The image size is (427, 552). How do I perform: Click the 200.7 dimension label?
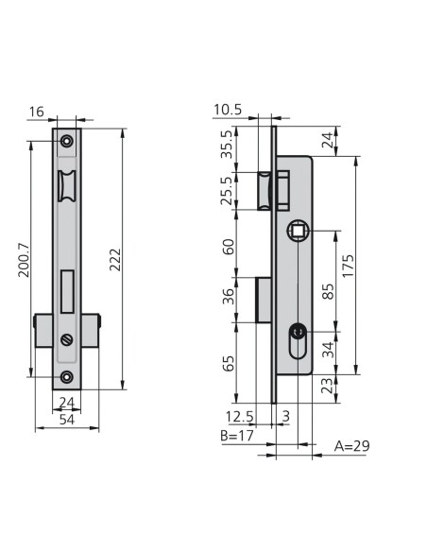(24, 260)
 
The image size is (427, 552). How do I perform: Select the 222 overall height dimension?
(115, 260)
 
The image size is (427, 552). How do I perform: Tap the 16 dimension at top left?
(36, 112)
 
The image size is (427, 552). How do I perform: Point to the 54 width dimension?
(67, 420)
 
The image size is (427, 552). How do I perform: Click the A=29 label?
(351, 446)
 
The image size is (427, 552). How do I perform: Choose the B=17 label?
(237, 436)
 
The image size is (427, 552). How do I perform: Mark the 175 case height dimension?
(348, 266)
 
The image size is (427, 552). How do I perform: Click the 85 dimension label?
(328, 291)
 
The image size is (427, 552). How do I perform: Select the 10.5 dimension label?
(228, 110)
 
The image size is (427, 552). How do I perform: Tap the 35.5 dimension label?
(227, 145)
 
